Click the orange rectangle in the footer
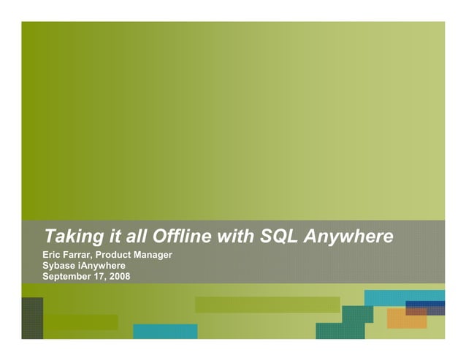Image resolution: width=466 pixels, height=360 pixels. pos(406,319)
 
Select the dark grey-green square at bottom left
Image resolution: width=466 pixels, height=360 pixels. pos(32,318)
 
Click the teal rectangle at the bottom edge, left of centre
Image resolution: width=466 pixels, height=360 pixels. pos(165,332)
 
